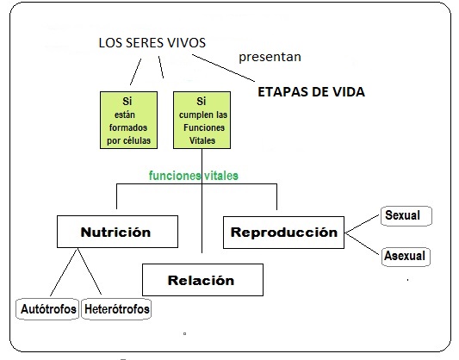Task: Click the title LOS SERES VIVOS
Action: tap(152, 43)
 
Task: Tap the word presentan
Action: tap(270, 57)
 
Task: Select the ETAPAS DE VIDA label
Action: tap(311, 92)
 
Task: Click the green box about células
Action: tap(129, 120)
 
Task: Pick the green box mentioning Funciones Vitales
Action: tap(202, 120)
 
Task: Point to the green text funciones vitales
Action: tap(194, 176)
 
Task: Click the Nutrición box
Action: tap(117, 232)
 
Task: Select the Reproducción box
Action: tap(283, 233)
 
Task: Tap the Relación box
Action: tap(202, 280)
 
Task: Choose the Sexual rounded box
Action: tap(406, 216)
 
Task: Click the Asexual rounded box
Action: tap(406, 257)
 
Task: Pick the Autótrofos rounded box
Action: tap(47, 309)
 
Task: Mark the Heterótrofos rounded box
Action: tap(116, 309)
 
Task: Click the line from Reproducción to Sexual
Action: tap(362, 224)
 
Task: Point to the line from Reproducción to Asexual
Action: tap(362, 244)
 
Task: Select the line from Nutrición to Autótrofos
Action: tap(64, 272)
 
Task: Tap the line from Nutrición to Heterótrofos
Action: tap(90, 271)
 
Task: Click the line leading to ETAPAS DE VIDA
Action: tap(223, 68)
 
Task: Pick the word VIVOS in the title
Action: tap(186, 43)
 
